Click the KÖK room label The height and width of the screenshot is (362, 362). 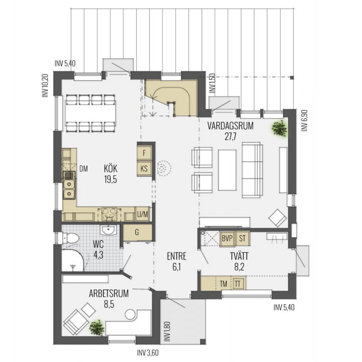tap(111, 168)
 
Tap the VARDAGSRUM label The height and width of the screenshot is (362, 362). tap(230, 126)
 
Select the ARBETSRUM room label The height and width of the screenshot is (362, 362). tap(109, 294)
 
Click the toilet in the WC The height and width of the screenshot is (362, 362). tap(70, 238)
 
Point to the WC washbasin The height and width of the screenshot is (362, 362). tap(108, 230)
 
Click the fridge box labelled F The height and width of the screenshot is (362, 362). tap(144, 153)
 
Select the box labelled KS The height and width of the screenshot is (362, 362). tap(144, 168)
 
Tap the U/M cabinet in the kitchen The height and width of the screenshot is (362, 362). tap(142, 214)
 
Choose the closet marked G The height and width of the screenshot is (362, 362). tap(137, 232)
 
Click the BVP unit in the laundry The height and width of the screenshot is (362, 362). tap(227, 238)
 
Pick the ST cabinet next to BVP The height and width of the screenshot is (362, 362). tap(242, 238)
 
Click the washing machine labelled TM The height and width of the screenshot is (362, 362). tap(223, 284)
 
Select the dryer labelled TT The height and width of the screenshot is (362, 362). tap(237, 284)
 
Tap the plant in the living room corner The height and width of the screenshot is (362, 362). tap(280, 128)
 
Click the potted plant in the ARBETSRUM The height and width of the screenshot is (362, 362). tap(97, 328)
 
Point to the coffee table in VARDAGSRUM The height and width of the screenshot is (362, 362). tap(227, 170)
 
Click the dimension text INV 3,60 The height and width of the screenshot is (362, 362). tap(148, 353)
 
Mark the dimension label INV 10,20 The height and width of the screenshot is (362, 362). tap(45, 85)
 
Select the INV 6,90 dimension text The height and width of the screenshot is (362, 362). tap(305, 121)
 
